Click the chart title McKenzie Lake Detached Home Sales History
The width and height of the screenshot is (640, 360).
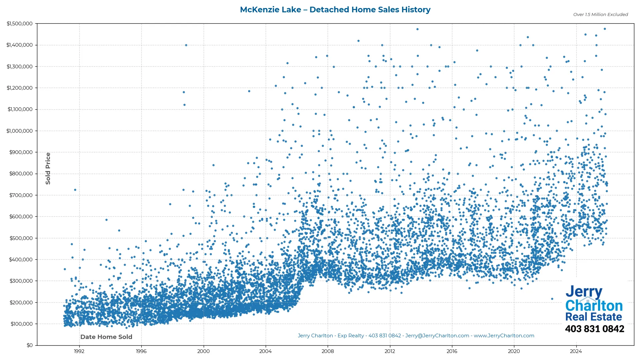(335, 10)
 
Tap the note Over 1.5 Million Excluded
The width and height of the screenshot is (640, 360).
(600, 15)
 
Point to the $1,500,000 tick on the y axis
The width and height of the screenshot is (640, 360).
(20, 24)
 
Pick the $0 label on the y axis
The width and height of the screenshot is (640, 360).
(30, 345)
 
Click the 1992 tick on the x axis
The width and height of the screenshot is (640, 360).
(79, 351)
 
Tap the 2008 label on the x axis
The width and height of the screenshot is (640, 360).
(328, 351)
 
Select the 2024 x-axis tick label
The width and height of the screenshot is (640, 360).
(576, 351)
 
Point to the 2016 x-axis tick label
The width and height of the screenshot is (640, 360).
(452, 351)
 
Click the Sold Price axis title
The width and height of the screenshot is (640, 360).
(48, 168)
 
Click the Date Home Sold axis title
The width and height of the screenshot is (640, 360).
(106, 337)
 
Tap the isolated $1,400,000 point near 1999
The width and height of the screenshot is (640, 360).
(186, 45)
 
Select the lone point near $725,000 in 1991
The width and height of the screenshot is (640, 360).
(75, 190)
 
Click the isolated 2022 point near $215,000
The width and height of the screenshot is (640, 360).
(552, 299)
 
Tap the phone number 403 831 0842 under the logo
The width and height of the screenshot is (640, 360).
(594, 329)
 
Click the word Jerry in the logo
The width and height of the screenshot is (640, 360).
(584, 292)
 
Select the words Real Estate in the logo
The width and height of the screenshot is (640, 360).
(594, 317)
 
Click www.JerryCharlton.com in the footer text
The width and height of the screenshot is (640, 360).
(504, 336)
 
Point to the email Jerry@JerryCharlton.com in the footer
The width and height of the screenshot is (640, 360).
(437, 336)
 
